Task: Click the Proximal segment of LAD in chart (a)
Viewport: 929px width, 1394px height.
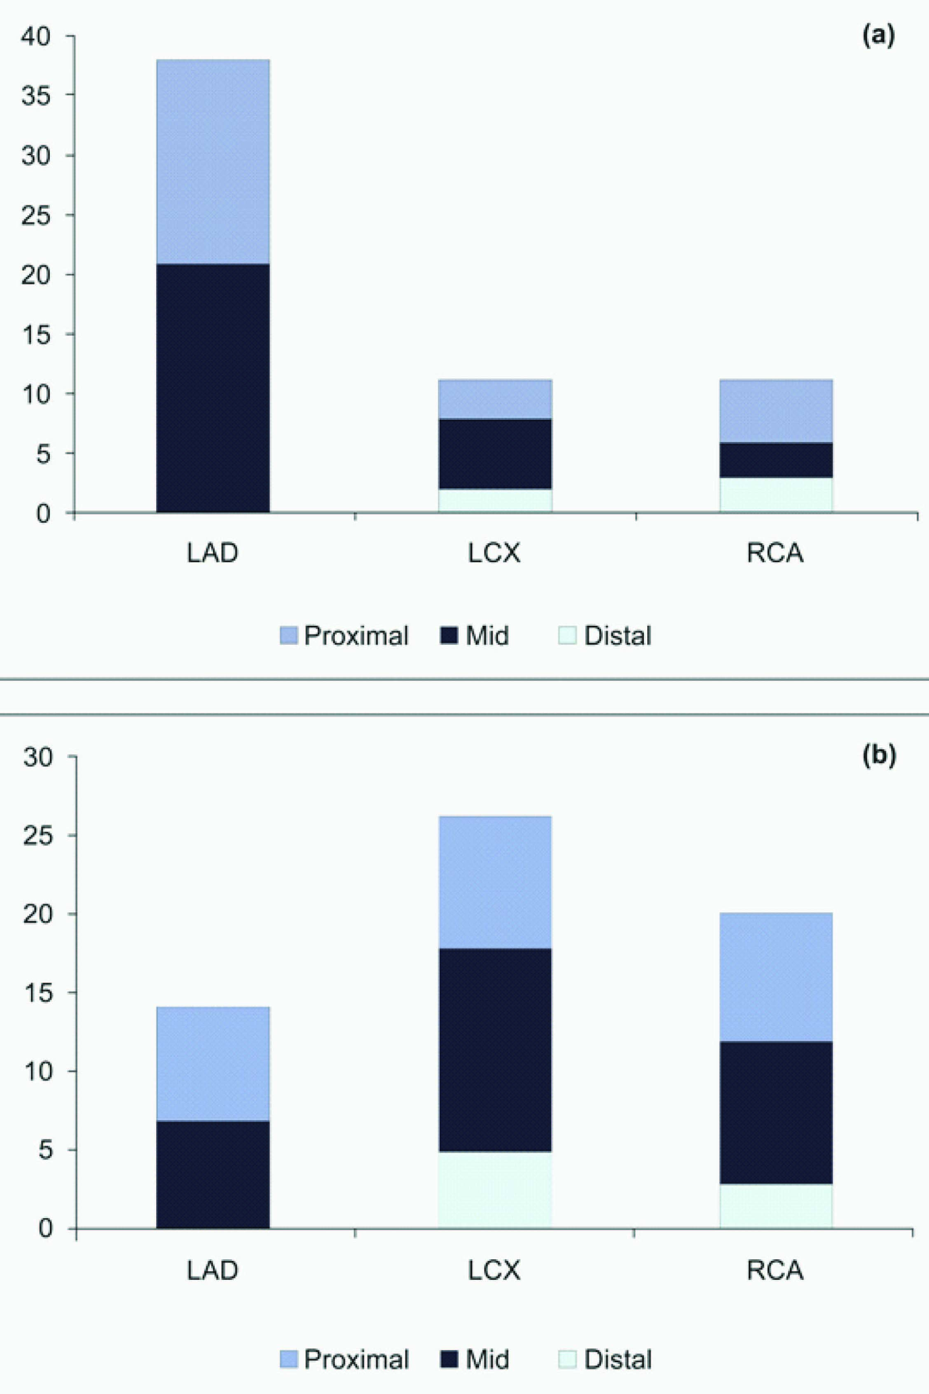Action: [x=213, y=161]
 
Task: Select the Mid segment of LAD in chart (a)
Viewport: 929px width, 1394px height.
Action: [x=213, y=388]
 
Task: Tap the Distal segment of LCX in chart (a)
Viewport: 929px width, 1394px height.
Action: [x=495, y=501]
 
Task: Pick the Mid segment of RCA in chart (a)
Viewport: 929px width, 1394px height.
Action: [x=776, y=460]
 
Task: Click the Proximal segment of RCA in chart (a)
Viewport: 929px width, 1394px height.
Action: [x=776, y=411]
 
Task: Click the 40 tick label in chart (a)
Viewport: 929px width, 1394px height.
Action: [x=36, y=37]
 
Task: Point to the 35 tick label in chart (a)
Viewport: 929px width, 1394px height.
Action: [x=36, y=96]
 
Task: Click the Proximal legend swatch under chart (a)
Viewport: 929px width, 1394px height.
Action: [x=288, y=636]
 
